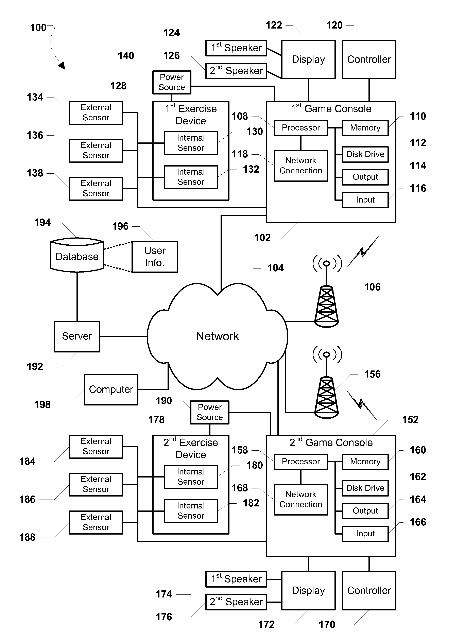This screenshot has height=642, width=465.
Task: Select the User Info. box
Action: click(x=155, y=257)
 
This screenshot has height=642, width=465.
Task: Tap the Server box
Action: click(x=77, y=336)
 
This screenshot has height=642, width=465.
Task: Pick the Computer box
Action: click(x=111, y=389)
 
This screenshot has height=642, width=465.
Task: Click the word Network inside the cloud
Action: click(x=217, y=336)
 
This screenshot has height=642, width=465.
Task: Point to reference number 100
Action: click(x=38, y=28)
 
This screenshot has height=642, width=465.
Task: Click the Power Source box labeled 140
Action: click(x=172, y=82)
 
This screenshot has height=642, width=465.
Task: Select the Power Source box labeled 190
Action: click(x=210, y=412)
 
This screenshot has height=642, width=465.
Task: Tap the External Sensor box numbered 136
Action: click(x=96, y=150)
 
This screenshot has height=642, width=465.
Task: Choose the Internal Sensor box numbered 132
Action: click(x=191, y=177)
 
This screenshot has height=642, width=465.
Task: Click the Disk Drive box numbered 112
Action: click(x=365, y=154)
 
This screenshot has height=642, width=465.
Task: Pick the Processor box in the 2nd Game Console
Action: click(x=300, y=462)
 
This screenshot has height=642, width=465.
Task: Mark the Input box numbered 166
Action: click(x=365, y=534)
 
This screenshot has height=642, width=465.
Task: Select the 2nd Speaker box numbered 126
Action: click(x=236, y=71)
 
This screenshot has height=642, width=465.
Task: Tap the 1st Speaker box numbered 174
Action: click(x=236, y=579)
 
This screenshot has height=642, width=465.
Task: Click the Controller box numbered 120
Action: click(x=369, y=59)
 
